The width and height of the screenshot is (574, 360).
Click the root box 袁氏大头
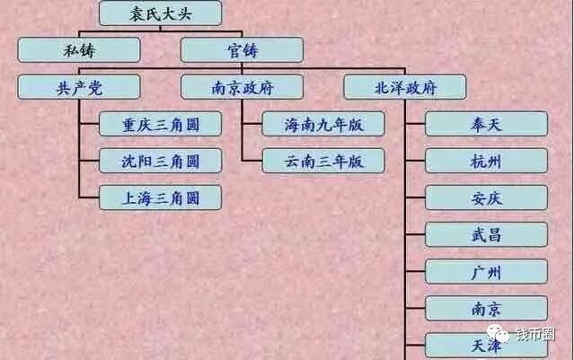click(x=160, y=13)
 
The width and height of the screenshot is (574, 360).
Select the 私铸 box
click(x=78, y=49)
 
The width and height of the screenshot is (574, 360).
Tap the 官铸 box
click(x=242, y=49)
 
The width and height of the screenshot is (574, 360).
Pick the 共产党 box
click(x=78, y=87)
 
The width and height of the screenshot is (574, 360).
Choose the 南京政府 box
click(x=242, y=87)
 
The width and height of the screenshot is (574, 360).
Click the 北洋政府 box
click(x=405, y=87)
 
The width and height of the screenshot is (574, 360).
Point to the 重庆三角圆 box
click(x=160, y=124)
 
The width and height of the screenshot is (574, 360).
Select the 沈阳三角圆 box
click(x=160, y=161)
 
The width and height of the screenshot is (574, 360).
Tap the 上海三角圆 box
click(x=160, y=198)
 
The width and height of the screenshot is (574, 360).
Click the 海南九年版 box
click(x=323, y=124)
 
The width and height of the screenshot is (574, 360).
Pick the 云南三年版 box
click(x=323, y=161)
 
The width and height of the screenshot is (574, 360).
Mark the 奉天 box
click(x=486, y=124)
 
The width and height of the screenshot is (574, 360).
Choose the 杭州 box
click(x=486, y=161)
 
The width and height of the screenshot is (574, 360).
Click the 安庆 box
click(x=486, y=198)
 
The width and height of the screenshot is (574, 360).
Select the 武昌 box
click(x=486, y=234)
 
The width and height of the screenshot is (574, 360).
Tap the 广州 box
click(x=486, y=271)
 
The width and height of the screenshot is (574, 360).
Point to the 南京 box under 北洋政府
click(x=486, y=309)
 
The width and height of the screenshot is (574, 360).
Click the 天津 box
click(x=486, y=345)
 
